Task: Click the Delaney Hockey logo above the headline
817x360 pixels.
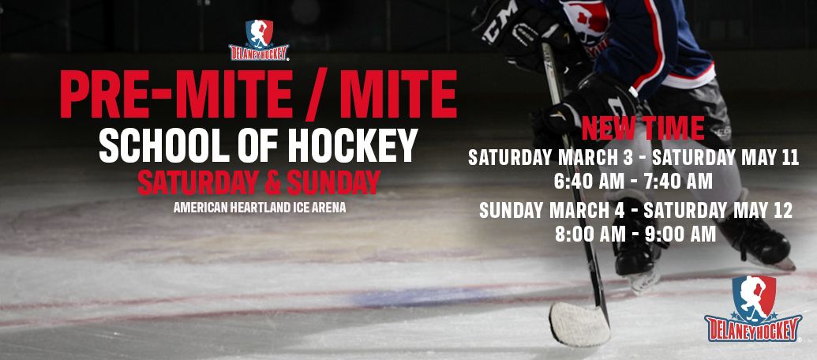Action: click(x=259, y=40)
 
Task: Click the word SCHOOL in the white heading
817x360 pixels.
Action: click(x=164, y=145)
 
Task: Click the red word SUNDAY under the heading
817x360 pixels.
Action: click(x=333, y=182)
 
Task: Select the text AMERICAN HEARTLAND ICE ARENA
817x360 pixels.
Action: click(x=260, y=208)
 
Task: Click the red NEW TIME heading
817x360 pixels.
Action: click(x=643, y=129)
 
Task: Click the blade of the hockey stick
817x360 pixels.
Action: click(x=579, y=324)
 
